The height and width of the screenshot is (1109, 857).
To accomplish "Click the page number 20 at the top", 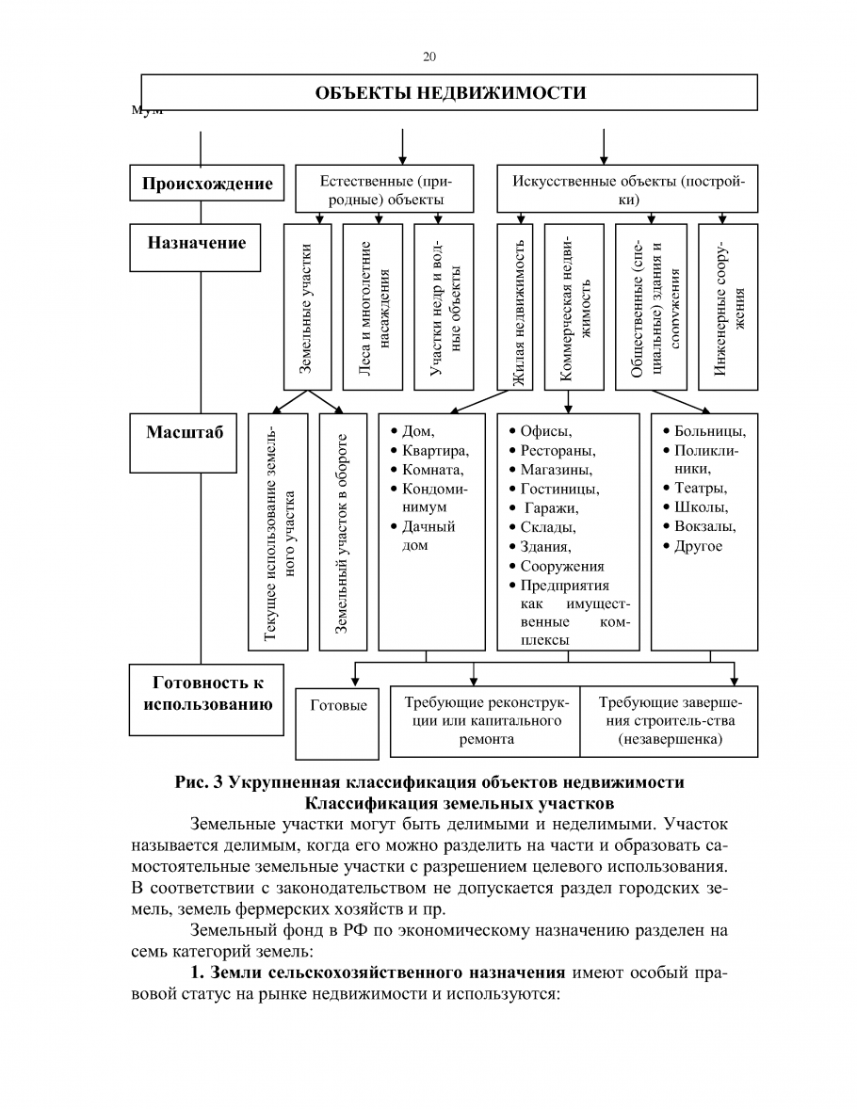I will pyautogui.click(x=429, y=56).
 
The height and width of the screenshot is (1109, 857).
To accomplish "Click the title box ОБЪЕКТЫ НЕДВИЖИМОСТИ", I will pyautogui.click(x=449, y=92).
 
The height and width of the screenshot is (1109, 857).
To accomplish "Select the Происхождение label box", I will pyautogui.click(x=207, y=184).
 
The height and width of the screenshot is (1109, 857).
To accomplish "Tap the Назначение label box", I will pyautogui.click(x=196, y=243).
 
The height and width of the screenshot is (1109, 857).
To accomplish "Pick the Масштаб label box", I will pyautogui.click(x=185, y=433).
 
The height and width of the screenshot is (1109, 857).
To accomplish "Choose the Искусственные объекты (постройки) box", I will pyautogui.click(x=627, y=189).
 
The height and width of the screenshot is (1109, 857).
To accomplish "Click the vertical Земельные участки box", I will pyautogui.click(x=308, y=307).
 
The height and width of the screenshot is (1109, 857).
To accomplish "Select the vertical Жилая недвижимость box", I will pyautogui.click(x=515, y=307).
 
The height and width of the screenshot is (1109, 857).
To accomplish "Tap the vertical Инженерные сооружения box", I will pyautogui.click(x=728, y=307).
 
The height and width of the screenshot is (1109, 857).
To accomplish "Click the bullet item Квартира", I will pyautogui.click(x=435, y=450).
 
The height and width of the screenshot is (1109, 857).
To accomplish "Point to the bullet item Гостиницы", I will pyautogui.click(x=559, y=489).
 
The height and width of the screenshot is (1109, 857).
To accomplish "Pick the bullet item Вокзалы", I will pyautogui.click(x=705, y=526).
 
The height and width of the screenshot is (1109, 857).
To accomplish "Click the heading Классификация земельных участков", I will pyautogui.click(x=461, y=803).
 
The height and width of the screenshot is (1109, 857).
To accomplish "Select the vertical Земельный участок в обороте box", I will pyautogui.click(x=343, y=532).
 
